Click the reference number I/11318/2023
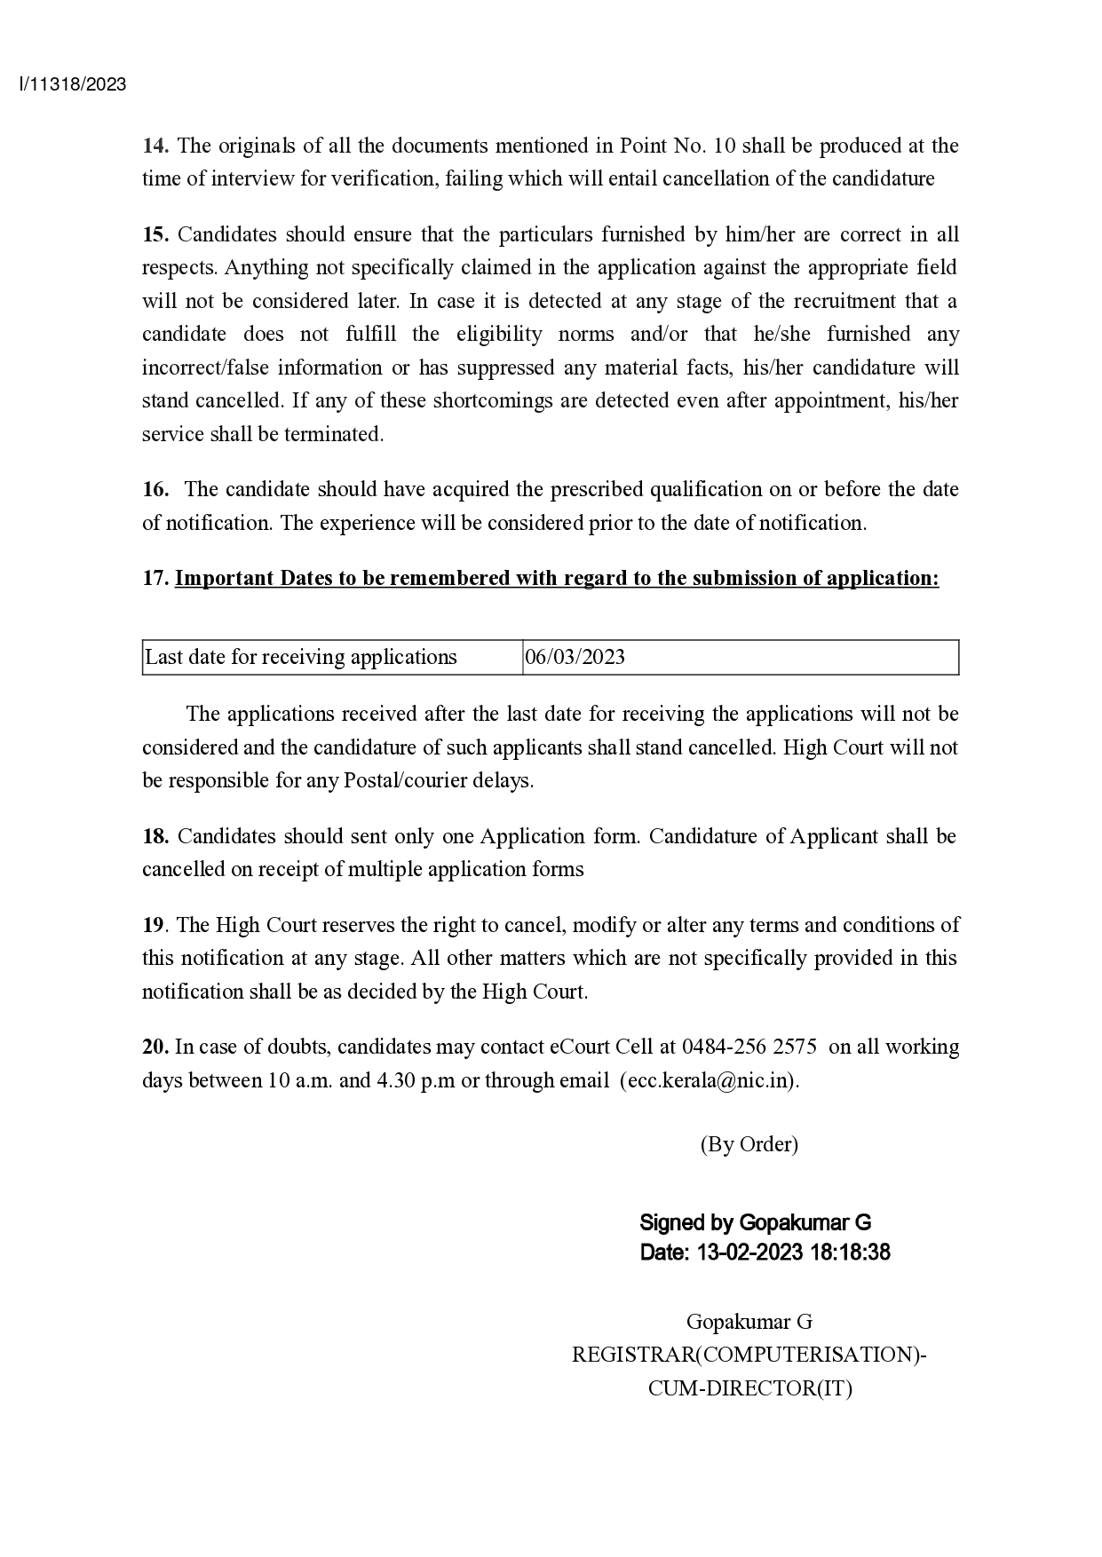pyautogui.click(x=73, y=85)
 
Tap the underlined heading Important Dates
pyautogui.click(x=556, y=578)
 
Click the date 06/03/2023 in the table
pyautogui.click(x=575, y=657)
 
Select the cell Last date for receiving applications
pyautogui.click(x=301, y=657)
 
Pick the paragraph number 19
pyautogui.click(x=153, y=925)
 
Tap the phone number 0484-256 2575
pyautogui.click(x=749, y=1047)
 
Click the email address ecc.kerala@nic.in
pyautogui.click(x=710, y=1080)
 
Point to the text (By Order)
pyautogui.click(x=749, y=1144)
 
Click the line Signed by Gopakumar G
pyautogui.click(x=755, y=1222)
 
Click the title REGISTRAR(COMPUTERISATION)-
pyautogui.click(x=749, y=1355)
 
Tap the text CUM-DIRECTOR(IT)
pyautogui.click(x=749, y=1388)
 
